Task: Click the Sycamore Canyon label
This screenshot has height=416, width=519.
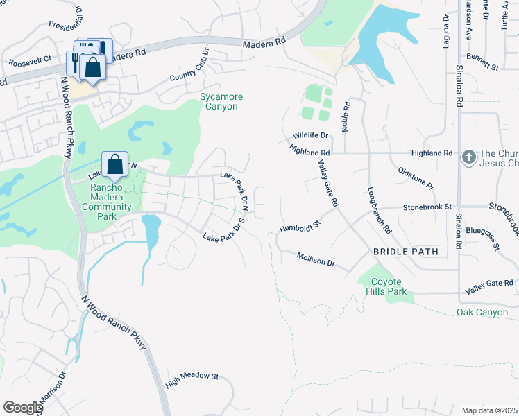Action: click(219, 101)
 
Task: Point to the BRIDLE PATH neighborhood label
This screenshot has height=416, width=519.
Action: click(406, 252)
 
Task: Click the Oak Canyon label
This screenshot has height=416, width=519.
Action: click(483, 313)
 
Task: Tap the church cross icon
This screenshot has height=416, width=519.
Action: click(468, 157)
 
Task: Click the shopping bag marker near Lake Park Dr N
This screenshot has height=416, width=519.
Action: click(115, 165)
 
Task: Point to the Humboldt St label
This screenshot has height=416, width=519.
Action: click(300, 225)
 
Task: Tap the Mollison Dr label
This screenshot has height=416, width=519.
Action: click(316, 260)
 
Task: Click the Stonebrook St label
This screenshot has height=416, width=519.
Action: click(427, 207)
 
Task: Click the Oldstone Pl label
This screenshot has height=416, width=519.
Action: click(416, 177)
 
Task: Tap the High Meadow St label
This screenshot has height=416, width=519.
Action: click(192, 379)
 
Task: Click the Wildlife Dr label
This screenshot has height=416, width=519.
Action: click(309, 135)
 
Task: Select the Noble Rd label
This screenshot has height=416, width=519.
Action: click(347, 116)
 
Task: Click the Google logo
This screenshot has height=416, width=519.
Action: click(23, 407)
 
